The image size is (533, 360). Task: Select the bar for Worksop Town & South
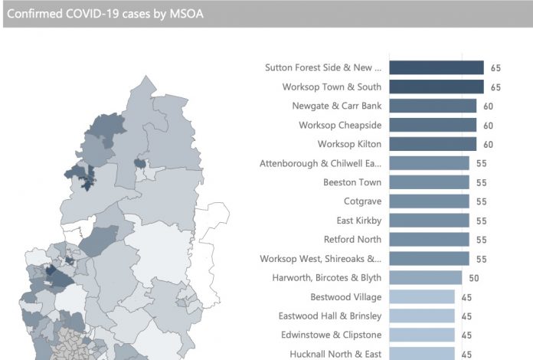(437, 87)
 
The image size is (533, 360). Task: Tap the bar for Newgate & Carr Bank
(433, 106)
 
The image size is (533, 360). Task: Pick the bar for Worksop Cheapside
(433, 125)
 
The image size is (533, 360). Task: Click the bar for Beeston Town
(429, 182)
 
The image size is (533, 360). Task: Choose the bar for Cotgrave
(429, 201)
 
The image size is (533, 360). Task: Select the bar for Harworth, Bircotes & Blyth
(425, 277)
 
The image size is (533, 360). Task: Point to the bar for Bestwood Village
(422, 296)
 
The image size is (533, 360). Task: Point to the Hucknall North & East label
(335, 354)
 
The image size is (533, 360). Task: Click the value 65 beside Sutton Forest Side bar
(495, 68)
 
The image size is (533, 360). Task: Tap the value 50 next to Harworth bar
(474, 277)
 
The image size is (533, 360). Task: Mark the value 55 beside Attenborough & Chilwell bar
(481, 163)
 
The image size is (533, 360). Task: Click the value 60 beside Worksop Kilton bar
(488, 144)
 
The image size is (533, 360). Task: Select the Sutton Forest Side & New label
(323, 67)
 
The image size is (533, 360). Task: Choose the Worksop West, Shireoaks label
(321, 259)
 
